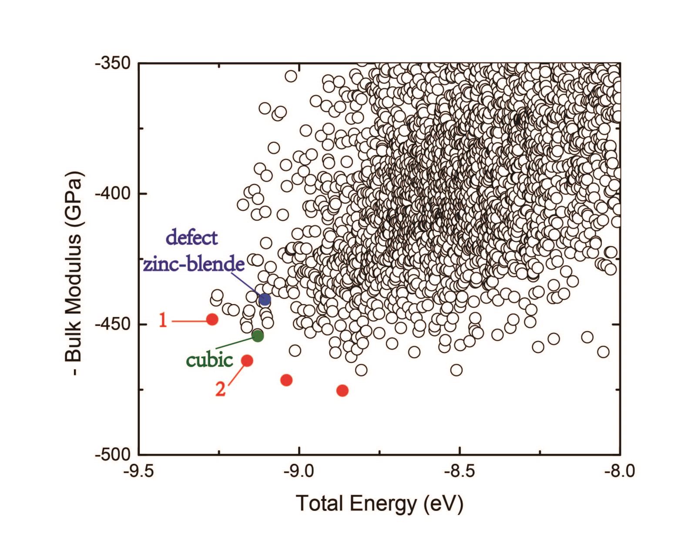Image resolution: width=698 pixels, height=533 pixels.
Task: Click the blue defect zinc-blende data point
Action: pos(265,299)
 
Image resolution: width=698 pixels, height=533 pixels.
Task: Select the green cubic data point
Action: pos(258,335)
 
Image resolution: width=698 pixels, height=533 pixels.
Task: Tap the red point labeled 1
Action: pos(212,319)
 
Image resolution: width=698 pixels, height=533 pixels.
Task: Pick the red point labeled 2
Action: pos(247,360)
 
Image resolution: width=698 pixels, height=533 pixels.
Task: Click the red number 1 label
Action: pos(163,321)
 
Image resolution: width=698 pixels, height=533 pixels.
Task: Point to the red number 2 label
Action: pos(221,389)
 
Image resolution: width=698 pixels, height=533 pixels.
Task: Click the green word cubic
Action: pos(209,360)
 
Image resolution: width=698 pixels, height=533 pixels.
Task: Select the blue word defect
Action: pos(192,238)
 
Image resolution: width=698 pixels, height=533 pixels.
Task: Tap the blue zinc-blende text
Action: pos(194,264)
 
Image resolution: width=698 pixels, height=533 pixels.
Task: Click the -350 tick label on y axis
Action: pos(113,64)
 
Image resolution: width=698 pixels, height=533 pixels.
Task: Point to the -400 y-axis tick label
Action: pos(113,193)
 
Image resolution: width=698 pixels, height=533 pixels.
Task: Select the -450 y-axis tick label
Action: pos(113,324)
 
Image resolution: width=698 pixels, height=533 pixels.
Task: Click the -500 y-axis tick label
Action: pos(113,454)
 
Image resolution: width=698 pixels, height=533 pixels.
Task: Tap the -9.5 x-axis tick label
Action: pos(139,471)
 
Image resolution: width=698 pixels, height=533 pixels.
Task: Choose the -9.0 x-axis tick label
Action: pos(299,471)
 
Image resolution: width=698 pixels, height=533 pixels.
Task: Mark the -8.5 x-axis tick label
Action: pos(460,471)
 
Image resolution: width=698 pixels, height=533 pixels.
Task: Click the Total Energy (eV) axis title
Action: pos(379,503)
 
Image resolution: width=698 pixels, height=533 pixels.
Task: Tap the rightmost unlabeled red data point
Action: pos(342,390)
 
